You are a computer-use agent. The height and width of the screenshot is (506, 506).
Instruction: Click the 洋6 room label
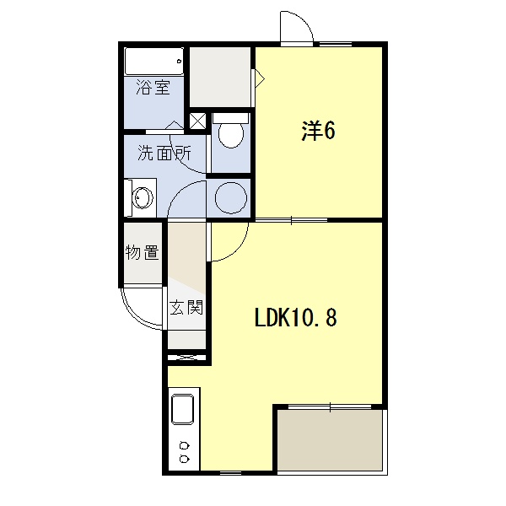pyautogui.click(x=318, y=131)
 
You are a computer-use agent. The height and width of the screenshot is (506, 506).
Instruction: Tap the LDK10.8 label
pyautogui.click(x=296, y=317)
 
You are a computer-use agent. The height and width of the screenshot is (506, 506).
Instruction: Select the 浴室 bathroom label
pyautogui.click(x=153, y=87)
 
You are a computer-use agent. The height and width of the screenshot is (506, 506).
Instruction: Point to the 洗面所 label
pyautogui.click(x=164, y=153)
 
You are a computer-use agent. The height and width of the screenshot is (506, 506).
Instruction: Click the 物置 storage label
pyautogui.click(x=143, y=252)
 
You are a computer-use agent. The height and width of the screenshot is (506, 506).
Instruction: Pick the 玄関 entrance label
pyautogui.click(x=186, y=307)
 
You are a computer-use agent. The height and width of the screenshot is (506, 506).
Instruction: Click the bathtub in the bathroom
pyautogui.click(x=154, y=62)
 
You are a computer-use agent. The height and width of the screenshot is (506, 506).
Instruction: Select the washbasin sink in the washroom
pyautogui.click(x=143, y=197)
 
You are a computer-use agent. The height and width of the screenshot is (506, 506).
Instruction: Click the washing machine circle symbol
pyautogui.click(x=231, y=197)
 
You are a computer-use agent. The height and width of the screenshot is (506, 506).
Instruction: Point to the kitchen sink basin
pyautogui.click(x=183, y=409)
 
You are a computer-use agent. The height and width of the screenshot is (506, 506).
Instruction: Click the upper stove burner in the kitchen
pyautogui.click(x=184, y=446)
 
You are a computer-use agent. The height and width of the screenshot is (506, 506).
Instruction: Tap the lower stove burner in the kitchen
pyautogui.click(x=184, y=459)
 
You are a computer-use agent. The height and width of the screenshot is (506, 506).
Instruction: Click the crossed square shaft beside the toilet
pyautogui.click(x=197, y=121)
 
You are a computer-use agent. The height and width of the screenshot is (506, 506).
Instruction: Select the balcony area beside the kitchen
pyautogui.click(x=330, y=439)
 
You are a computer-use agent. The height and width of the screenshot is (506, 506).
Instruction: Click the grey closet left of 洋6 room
pyautogui.click(x=220, y=77)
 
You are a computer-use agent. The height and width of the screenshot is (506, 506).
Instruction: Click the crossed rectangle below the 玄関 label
pyautogui.click(x=187, y=358)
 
